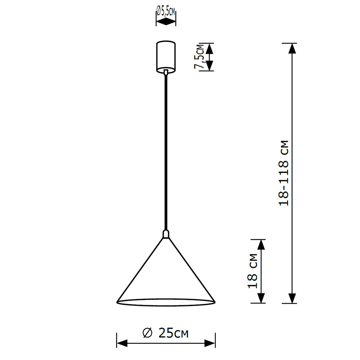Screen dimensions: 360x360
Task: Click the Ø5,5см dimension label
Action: click(x=166, y=12)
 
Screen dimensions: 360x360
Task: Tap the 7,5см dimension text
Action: click(x=199, y=57)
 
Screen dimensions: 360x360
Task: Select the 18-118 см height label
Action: click(x=284, y=172)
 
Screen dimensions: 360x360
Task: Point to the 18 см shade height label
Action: click(x=253, y=271)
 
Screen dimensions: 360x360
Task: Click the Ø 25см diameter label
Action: click(x=166, y=333)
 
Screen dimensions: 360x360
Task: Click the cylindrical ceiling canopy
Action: click(x=166, y=55)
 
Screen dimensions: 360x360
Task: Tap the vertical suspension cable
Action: click(x=166, y=151)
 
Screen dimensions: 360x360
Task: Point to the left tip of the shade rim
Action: click(x=117, y=302)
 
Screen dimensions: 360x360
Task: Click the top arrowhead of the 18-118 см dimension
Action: click(x=292, y=48)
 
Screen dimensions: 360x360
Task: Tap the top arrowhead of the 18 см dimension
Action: click(x=261, y=245)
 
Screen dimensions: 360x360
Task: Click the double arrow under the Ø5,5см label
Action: click(x=166, y=22)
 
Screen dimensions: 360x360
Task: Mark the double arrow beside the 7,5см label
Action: click(x=210, y=57)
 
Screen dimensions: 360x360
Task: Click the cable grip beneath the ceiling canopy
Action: click(x=166, y=72)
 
